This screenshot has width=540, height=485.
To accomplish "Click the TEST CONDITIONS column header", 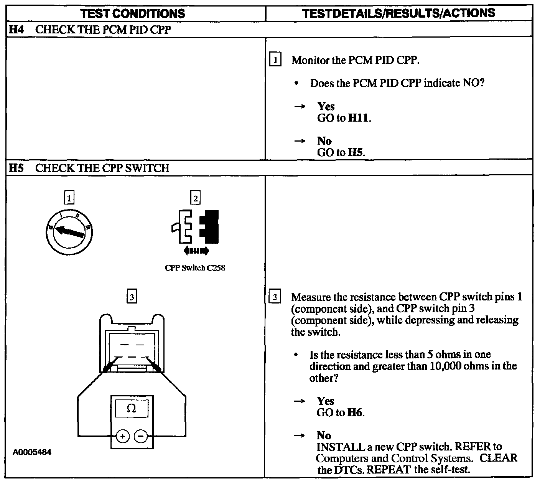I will [x=133, y=14].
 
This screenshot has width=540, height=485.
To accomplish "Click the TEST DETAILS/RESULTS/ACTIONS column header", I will [x=398, y=13].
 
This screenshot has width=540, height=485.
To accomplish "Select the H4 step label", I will [x=16, y=30].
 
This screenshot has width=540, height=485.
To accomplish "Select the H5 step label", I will [x=16, y=168].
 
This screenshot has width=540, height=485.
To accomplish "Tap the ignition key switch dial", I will [x=69, y=232].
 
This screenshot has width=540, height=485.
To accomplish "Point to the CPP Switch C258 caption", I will [x=195, y=268].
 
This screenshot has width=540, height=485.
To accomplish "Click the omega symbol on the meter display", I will [x=131, y=408].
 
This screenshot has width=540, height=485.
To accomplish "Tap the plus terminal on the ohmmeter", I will [x=123, y=436].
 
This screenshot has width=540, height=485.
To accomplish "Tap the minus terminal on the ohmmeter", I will [x=141, y=436].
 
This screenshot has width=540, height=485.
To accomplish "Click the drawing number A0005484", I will [x=32, y=452].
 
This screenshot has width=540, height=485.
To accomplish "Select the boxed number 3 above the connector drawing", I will [x=132, y=297].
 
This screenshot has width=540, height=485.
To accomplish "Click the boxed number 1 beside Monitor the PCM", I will [x=275, y=60].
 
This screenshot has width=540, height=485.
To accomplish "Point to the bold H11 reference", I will [x=359, y=118].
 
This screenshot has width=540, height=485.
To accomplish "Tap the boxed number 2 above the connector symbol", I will [x=196, y=198].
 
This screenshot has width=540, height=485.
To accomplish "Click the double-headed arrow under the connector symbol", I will [x=196, y=251].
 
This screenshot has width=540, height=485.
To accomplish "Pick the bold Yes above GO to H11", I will [x=326, y=107].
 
